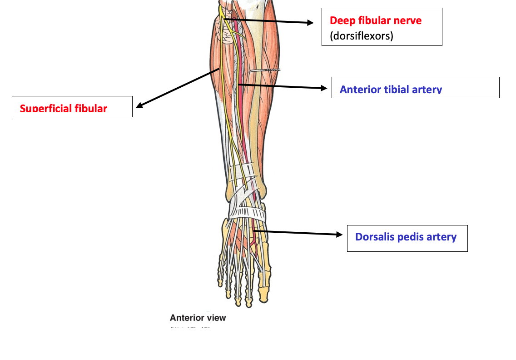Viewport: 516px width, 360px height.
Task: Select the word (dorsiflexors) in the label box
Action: tap(361, 36)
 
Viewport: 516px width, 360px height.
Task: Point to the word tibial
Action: tap(394, 90)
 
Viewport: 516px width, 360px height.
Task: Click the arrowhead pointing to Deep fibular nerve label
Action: tap(310, 22)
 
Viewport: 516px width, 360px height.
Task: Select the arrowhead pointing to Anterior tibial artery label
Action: tap(323, 88)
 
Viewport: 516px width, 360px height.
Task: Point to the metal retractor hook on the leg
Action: tap(266, 70)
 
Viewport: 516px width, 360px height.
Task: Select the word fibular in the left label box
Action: tap(91, 109)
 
